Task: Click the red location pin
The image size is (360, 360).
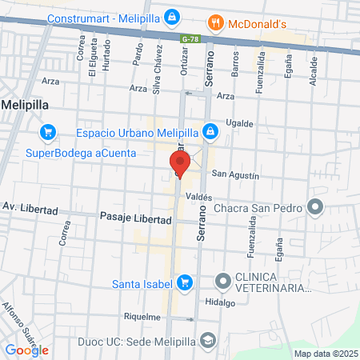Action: [x=179, y=164]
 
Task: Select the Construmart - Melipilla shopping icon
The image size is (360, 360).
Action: [x=172, y=16]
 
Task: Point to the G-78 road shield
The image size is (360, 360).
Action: [x=190, y=38]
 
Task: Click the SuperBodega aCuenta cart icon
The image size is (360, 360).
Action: [x=48, y=132]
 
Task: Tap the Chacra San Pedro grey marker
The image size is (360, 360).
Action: [x=315, y=209]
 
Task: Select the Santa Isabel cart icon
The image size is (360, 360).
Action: [x=185, y=282]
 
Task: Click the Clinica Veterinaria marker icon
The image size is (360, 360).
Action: [x=222, y=281]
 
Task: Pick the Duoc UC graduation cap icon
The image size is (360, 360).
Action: [x=208, y=340]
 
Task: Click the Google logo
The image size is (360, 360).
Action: [x=27, y=350]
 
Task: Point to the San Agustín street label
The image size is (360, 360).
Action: [x=235, y=174]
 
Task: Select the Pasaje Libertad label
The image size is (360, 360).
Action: [x=130, y=217]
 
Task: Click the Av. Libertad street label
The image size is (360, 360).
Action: [x=30, y=210]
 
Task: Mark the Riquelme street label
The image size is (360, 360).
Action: [x=143, y=317]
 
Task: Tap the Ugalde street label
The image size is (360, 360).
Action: [x=239, y=123]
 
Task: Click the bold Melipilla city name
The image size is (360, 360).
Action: [x=28, y=104]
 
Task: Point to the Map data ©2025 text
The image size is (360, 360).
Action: [x=324, y=353]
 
